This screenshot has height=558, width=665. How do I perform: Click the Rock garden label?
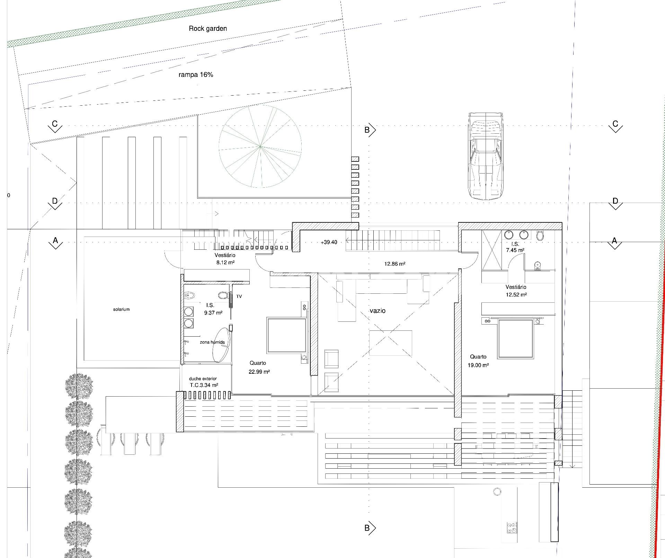pos(208,29)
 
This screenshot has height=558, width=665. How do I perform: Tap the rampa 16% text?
pos(196,74)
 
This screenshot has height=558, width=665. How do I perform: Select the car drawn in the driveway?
pos(486,156)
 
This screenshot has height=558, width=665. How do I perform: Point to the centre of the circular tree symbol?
pos(260,147)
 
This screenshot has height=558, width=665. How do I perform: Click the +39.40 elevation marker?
pos(329,242)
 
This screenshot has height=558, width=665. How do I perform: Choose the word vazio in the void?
pos(378,311)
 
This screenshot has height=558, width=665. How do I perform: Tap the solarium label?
pos(121,309)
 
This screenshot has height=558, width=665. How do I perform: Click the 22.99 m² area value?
pos(259,372)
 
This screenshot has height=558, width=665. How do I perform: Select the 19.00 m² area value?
pos(478,365)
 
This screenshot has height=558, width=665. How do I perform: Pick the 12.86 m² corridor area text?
pos(395,264)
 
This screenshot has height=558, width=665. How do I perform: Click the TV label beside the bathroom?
pos(239,296)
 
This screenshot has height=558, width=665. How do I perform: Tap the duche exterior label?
pos(203,379)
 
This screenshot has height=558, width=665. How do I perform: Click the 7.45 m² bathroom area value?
pos(515,250)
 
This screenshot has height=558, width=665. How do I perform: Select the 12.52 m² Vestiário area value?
pos(516,295)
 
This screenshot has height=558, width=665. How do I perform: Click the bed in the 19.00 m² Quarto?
pos(515,339)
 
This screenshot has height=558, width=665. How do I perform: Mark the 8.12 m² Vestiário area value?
pos(225,263)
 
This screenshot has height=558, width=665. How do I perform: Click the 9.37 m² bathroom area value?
pos(213,313)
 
